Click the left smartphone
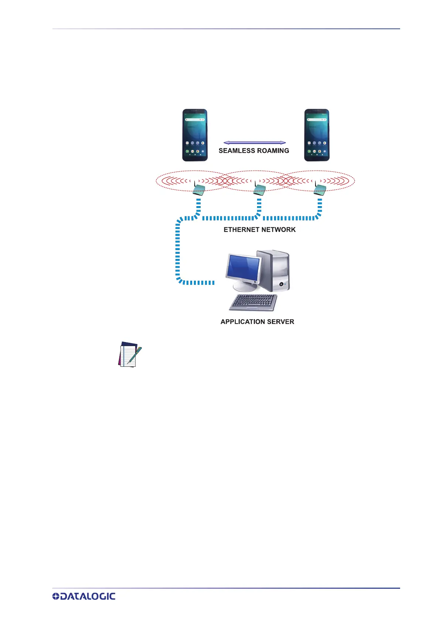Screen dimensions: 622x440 coord(195,135)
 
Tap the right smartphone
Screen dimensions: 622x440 coord(317,135)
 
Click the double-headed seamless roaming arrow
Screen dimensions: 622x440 coord(255,143)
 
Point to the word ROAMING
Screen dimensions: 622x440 coord(273,151)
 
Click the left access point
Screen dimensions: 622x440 coord(198,190)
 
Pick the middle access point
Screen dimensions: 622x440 coord(259,190)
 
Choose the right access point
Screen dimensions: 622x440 coord(320,190)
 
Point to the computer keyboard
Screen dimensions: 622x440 coord(254,303)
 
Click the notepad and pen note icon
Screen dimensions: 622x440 coord(129,355)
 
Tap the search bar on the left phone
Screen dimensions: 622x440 coord(195,120)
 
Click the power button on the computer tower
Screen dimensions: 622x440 coord(282,284)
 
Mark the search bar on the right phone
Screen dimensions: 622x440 coord(317,120)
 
